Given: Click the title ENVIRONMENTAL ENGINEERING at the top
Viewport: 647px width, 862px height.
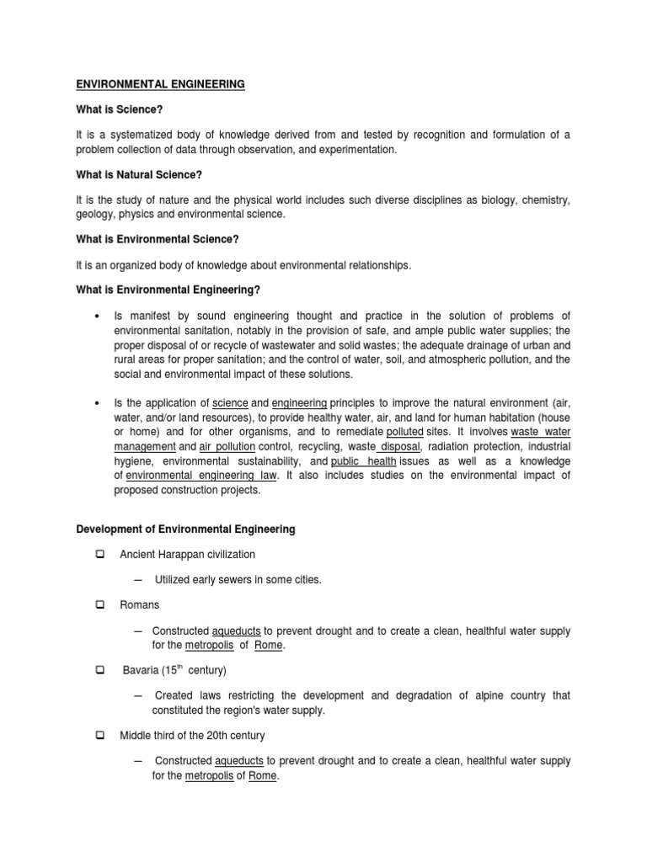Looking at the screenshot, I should click(x=161, y=84).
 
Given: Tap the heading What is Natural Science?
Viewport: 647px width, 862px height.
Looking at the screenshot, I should click(x=139, y=174).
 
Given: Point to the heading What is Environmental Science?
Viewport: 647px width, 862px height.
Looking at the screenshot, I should click(x=158, y=239).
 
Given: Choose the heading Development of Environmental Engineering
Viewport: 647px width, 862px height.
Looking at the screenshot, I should click(x=185, y=529).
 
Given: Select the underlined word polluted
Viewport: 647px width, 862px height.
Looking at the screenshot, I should click(x=404, y=432).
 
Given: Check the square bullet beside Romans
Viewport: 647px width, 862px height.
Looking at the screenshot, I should click(x=99, y=605).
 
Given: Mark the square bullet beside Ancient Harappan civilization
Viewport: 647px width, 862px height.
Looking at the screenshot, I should click(x=99, y=555).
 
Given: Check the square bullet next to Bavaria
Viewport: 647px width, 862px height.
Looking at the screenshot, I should click(x=99, y=671).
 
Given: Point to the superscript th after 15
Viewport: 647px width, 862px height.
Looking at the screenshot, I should click(x=180, y=667).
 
